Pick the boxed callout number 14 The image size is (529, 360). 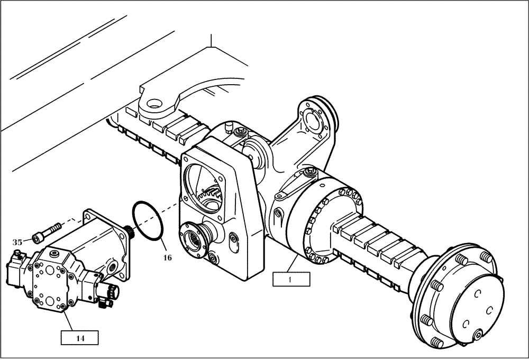pos(79,337)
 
